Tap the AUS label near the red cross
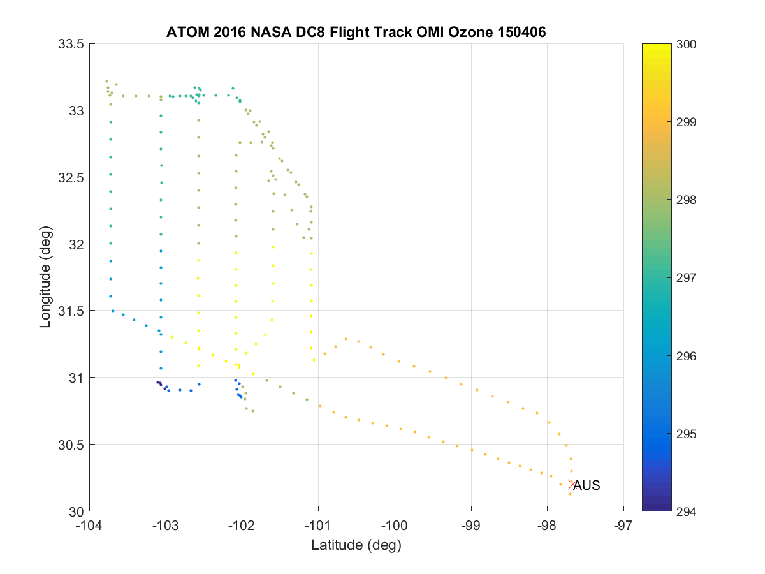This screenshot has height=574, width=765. coord(586,485)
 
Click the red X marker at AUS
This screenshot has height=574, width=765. coord(572,484)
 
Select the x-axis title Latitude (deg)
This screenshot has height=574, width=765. coord(356,545)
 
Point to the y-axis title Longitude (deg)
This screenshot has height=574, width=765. coord(45,277)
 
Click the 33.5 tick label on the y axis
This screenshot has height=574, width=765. coord(71,44)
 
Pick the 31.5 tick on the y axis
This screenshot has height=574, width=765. coord(71,311)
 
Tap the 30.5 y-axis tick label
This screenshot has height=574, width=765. coord(71,445)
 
